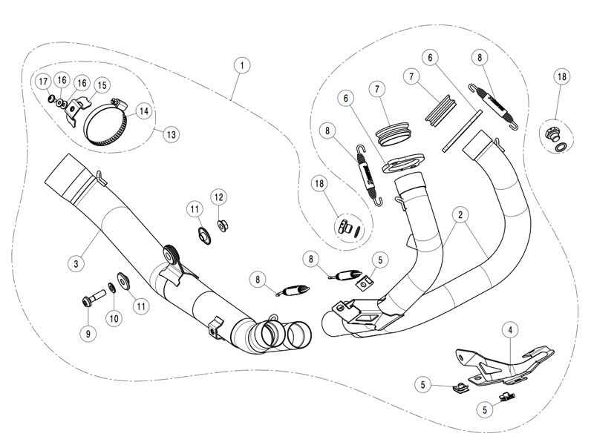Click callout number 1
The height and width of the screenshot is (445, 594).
(x=242, y=65)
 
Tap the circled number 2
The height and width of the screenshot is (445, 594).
(x=460, y=215)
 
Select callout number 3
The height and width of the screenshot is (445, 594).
(x=76, y=263)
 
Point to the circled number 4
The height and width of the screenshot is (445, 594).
(x=510, y=330)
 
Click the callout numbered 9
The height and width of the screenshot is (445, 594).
(x=88, y=334)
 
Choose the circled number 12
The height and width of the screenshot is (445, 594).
(x=219, y=197)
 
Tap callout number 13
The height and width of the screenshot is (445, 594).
(x=172, y=134)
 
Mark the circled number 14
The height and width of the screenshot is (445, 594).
(x=143, y=111)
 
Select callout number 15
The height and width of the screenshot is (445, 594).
(x=102, y=85)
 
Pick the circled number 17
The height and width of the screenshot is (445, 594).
(x=43, y=82)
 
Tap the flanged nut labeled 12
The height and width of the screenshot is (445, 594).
(x=222, y=226)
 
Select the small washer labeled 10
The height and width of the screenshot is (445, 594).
(x=113, y=288)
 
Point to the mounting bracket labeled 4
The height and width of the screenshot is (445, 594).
(x=504, y=363)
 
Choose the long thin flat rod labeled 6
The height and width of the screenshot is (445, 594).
(x=462, y=131)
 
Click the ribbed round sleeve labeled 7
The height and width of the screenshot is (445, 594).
(x=393, y=134)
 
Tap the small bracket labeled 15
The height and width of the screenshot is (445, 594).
(x=77, y=110)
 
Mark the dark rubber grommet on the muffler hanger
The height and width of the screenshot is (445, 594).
(x=169, y=255)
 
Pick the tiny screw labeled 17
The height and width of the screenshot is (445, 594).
(x=51, y=99)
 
